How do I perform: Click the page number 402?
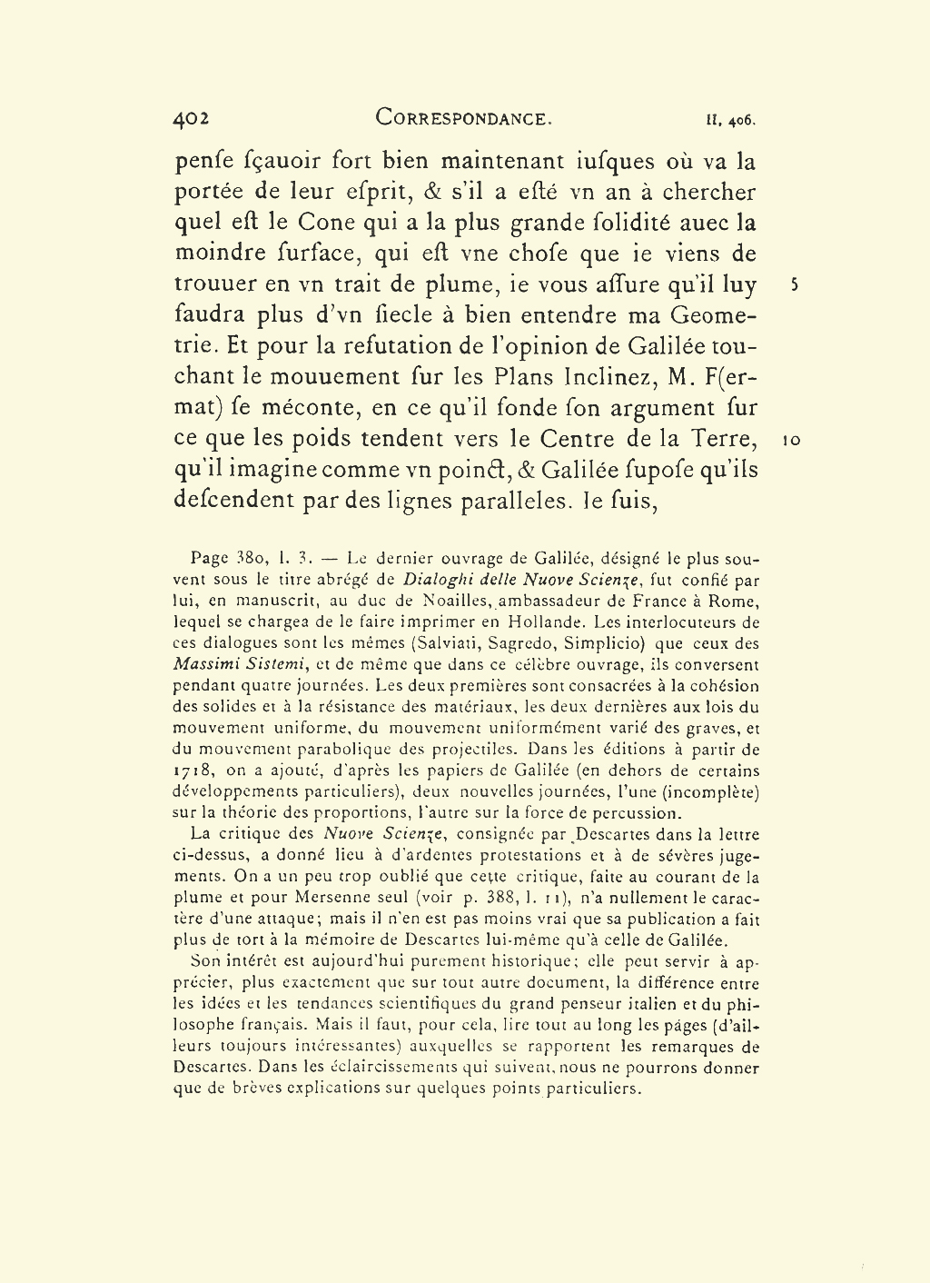(x=192, y=118)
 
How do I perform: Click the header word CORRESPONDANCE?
(x=463, y=118)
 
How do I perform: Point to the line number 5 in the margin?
(x=794, y=284)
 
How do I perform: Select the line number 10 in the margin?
(x=791, y=440)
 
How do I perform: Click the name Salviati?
(x=444, y=643)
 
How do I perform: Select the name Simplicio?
(x=601, y=643)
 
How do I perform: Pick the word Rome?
(x=737, y=602)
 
